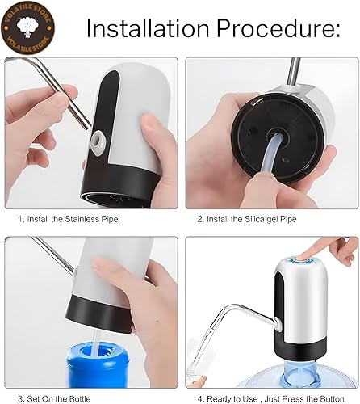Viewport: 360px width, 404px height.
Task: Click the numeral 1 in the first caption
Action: (20, 218)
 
